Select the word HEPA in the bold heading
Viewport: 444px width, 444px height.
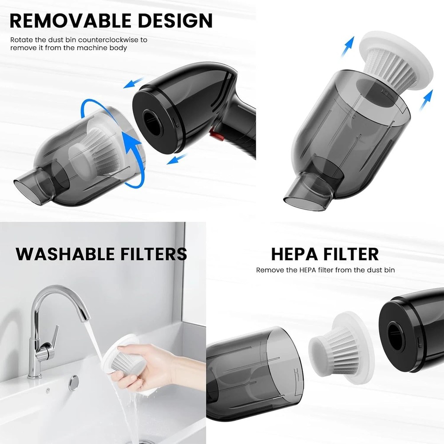tap(294, 254)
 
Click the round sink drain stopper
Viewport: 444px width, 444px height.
tap(74, 383)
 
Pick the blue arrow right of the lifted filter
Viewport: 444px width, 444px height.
tap(426, 100)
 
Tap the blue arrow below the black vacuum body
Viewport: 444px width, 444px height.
tap(177, 159)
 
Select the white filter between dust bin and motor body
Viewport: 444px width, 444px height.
tap(341, 348)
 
